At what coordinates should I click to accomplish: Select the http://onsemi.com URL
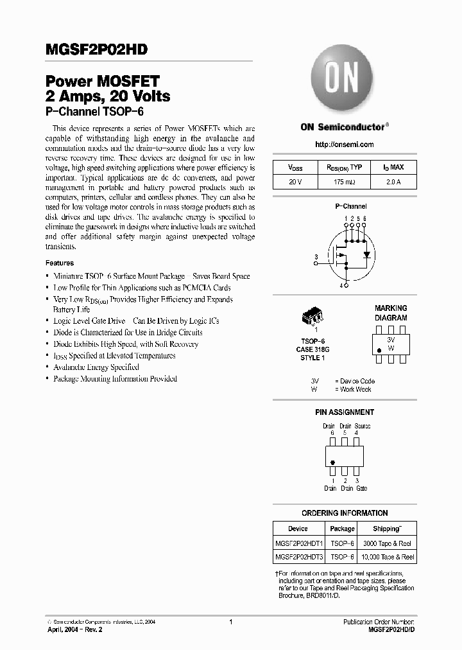click(345, 145)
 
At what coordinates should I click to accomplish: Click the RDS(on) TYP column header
click(345, 167)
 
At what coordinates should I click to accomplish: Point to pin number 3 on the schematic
click(316, 257)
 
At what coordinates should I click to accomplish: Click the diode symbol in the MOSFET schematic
click(366, 254)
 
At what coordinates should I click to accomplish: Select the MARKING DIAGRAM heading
click(391, 313)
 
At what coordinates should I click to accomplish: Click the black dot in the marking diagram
click(379, 350)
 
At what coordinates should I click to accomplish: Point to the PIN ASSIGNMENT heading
click(344, 412)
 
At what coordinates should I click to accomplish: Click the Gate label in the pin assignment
click(361, 488)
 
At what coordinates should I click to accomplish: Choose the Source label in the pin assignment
click(362, 426)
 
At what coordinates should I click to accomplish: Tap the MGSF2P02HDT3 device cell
click(298, 557)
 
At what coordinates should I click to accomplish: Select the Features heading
click(59, 263)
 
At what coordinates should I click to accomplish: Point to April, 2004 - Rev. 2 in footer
click(74, 631)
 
